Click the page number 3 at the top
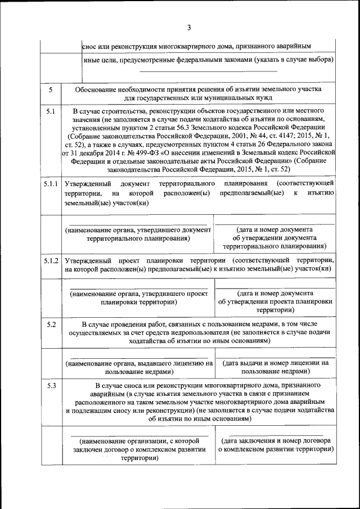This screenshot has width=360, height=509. pyautogui.click(x=189, y=28)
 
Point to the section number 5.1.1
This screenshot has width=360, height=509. pyautogui.click(x=51, y=184)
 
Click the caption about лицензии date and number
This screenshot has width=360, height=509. pyautogui.click(x=275, y=367)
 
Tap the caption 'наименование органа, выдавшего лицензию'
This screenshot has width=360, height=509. pyautogui.click(x=138, y=367)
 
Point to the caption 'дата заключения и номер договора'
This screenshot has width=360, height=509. pyautogui.click(x=275, y=445)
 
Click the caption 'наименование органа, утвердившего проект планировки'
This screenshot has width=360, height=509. pyautogui.click(x=138, y=298)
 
